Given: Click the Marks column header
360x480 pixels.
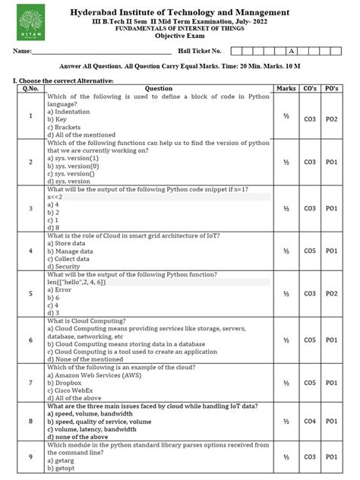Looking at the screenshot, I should pyautogui.click(x=286, y=89).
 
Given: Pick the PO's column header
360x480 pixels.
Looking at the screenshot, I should pyautogui.click(x=331, y=89).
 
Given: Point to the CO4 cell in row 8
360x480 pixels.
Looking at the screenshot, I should pyautogui.click(x=310, y=421).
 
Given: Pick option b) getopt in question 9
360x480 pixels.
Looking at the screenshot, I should pyautogui.click(x=62, y=467).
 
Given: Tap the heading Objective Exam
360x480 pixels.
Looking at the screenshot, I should pyautogui.click(x=179, y=36).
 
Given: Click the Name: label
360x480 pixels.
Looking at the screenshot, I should pyautogui.click(x=22, y=51).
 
